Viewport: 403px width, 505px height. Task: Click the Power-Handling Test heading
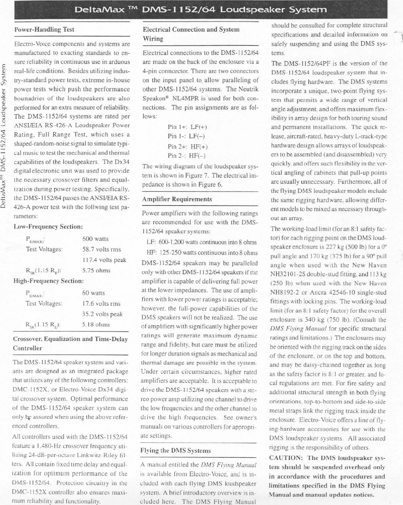(44, 30)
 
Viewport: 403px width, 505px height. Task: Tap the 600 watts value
(95, 239)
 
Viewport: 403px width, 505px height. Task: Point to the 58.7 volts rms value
(102, 249)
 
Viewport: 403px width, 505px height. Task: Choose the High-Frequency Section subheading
(48, 281)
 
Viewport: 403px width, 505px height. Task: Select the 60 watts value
(93, 293)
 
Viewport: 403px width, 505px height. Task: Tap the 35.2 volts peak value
(102, 314)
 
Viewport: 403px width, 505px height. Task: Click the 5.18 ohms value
(96, 325)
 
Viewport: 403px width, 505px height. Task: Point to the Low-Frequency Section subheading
(48, 227)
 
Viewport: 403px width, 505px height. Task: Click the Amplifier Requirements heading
(177, 199)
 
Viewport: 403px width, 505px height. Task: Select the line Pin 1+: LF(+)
(187, 127)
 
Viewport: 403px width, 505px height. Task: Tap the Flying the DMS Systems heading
(175, 451)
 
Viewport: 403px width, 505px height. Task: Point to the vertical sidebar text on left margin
(4, 135)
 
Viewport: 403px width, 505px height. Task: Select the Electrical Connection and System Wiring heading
(191, 34)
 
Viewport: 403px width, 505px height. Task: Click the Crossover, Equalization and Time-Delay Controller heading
(70, 343)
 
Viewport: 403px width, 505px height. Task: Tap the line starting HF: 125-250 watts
(202, 253)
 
